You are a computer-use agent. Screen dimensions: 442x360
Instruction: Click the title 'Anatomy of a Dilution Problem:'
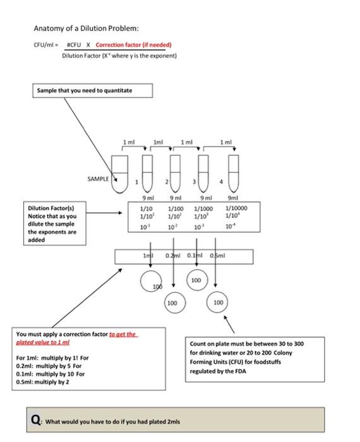pyautogui.click(x=77, y=28)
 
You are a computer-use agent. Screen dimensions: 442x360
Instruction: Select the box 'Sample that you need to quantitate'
pyautogui.click(x=92, y=91)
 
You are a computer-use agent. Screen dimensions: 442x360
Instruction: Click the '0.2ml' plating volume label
pyautogui.click(x=174, y=256)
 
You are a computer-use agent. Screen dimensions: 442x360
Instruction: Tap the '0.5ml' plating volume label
pyautogui.click(x=219, y=256)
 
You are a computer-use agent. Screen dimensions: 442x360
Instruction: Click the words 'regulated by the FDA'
pyautogui.click(x=219, y=371)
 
